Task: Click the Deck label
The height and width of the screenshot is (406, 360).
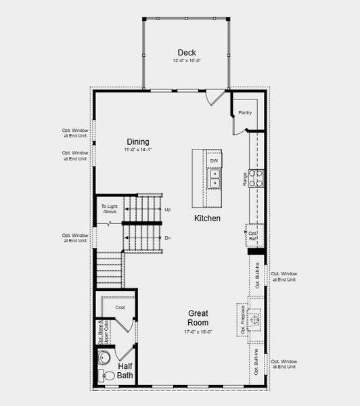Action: tap(187, 53)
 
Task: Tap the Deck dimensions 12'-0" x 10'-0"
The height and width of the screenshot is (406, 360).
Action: tap(187, 61)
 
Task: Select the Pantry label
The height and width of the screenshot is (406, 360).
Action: tap(244, 112)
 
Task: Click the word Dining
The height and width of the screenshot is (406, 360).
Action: tap(137, 142)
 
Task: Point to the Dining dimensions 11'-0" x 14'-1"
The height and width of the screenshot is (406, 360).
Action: tap(137, 150)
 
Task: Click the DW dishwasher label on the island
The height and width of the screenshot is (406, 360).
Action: tap(213, 161)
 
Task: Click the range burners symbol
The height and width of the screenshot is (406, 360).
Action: tap(256, 178)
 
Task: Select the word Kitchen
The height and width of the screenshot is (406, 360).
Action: tap(207, 218)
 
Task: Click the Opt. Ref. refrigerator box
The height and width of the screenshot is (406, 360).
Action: tap(253, 236)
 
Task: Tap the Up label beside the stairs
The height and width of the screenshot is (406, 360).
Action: tap(168, 210)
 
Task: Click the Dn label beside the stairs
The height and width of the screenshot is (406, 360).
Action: tap(168, 238)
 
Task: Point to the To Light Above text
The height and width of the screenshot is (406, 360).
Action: tap(110, 209)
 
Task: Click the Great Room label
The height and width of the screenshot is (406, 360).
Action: tap(198, 318)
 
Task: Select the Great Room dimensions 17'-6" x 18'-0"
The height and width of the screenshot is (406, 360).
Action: tap(198, 332)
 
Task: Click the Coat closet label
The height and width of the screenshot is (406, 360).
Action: tap(120, 307)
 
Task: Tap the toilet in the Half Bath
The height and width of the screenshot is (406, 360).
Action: tap(108, 374)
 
